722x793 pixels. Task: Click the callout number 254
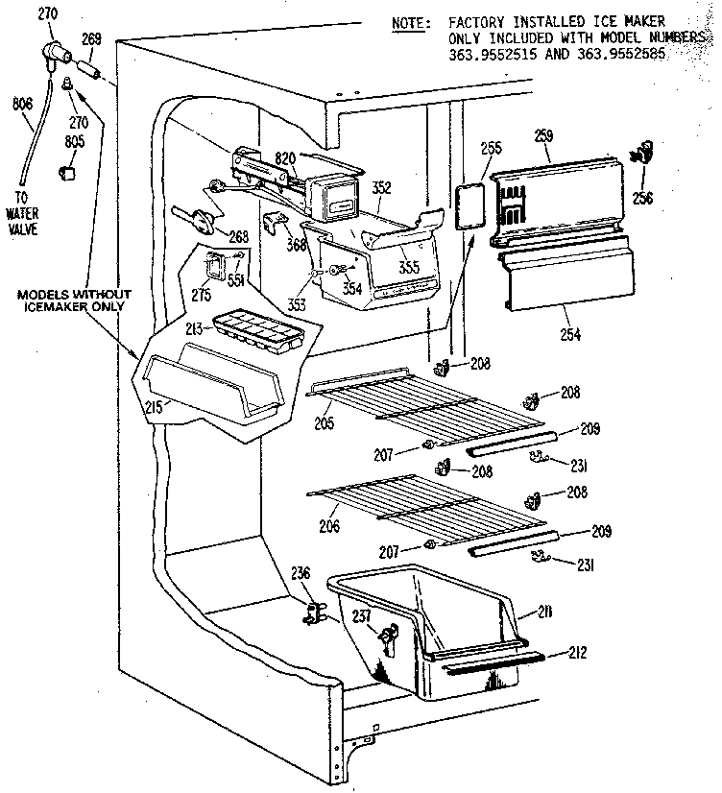pos(569,334)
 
